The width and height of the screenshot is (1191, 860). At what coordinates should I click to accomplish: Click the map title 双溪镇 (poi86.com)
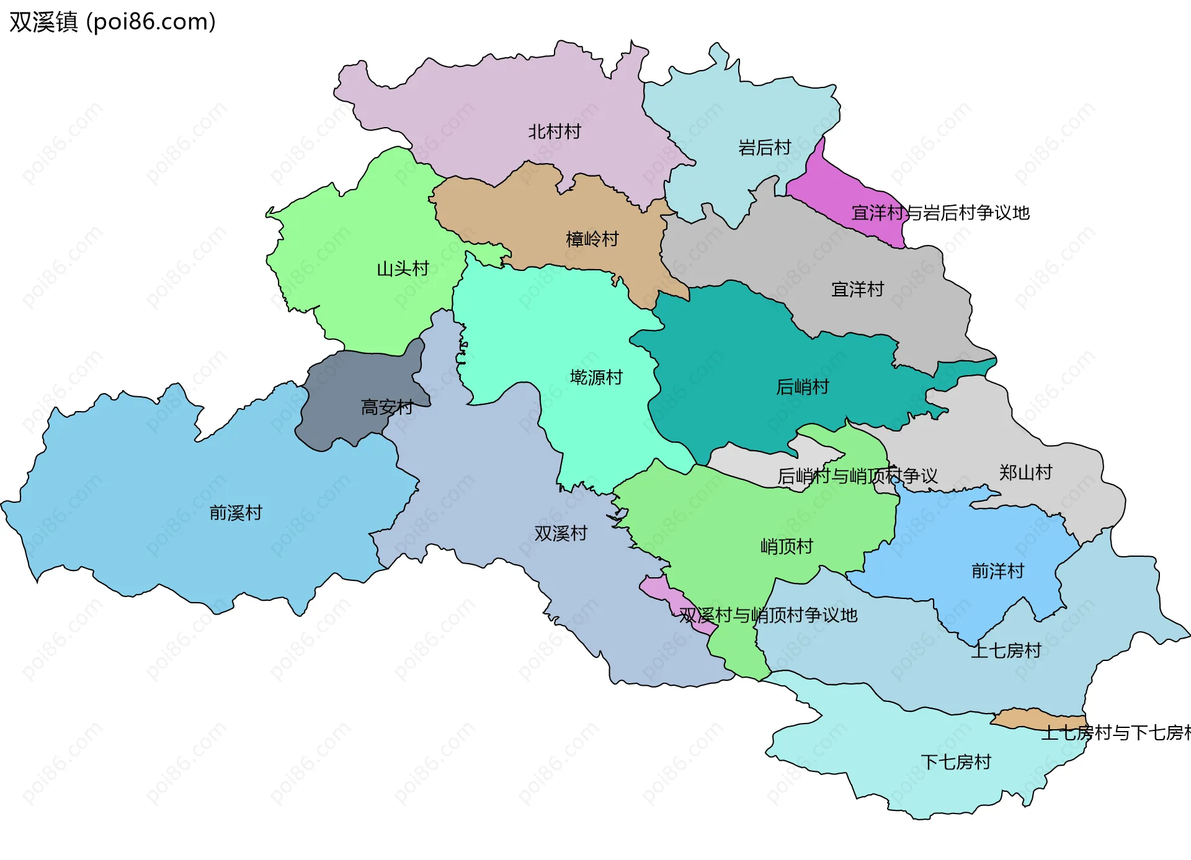tap(112, 22)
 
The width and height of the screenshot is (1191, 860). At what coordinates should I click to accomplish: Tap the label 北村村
tap(554, 131)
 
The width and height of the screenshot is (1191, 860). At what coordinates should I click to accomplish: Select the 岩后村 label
tap(764, 148)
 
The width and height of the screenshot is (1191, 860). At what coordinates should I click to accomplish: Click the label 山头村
tap(403, 268)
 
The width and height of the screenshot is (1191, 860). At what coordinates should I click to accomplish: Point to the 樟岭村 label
tap(592, 239)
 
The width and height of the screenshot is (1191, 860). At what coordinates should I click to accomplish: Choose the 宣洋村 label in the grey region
tap(857, 289)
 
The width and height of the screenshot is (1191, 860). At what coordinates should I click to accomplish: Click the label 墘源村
tap(596, 377)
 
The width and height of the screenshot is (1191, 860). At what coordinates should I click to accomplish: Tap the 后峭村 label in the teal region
tap(802, 387)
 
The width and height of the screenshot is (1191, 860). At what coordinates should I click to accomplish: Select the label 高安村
tap(387, 407)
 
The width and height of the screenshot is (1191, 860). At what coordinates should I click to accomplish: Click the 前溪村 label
tap(236, 513)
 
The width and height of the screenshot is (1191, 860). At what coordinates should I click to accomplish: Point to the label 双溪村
tap(561, 533)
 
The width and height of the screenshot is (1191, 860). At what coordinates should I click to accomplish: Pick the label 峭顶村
tap(787, 546)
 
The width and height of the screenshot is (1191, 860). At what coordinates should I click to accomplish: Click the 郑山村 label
tap(1025, 472)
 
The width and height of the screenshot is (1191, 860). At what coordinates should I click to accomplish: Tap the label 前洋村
tap(997, 571)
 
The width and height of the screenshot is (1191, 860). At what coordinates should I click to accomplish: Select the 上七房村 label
tap(1006, 650)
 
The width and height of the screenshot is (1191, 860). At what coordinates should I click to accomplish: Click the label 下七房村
tap(956, 762)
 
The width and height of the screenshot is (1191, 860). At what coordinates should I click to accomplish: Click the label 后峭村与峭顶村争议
tap(857, 476)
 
